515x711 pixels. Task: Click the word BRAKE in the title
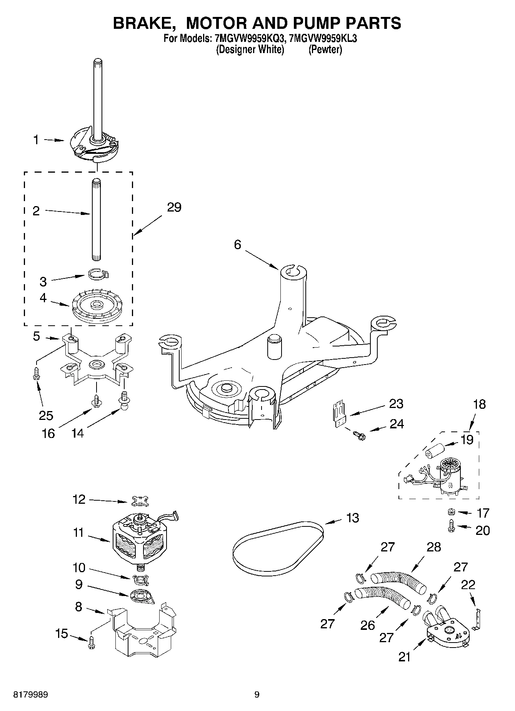click(141, 23)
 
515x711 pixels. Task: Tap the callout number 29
click(174, 207)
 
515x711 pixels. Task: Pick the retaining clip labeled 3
click(97, 273)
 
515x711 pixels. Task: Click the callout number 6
click(237, 244)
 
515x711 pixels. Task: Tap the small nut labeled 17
click(452, 512)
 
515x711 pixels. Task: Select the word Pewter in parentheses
click(325, 50)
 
